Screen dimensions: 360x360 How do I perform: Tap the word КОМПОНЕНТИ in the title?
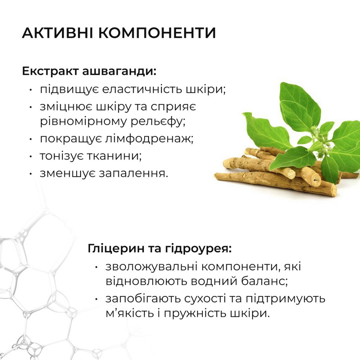(x=157, y=33)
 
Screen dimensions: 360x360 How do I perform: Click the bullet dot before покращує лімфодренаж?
(x=32, y=139)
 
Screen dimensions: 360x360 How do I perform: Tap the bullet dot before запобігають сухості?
(x=96, y=299)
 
